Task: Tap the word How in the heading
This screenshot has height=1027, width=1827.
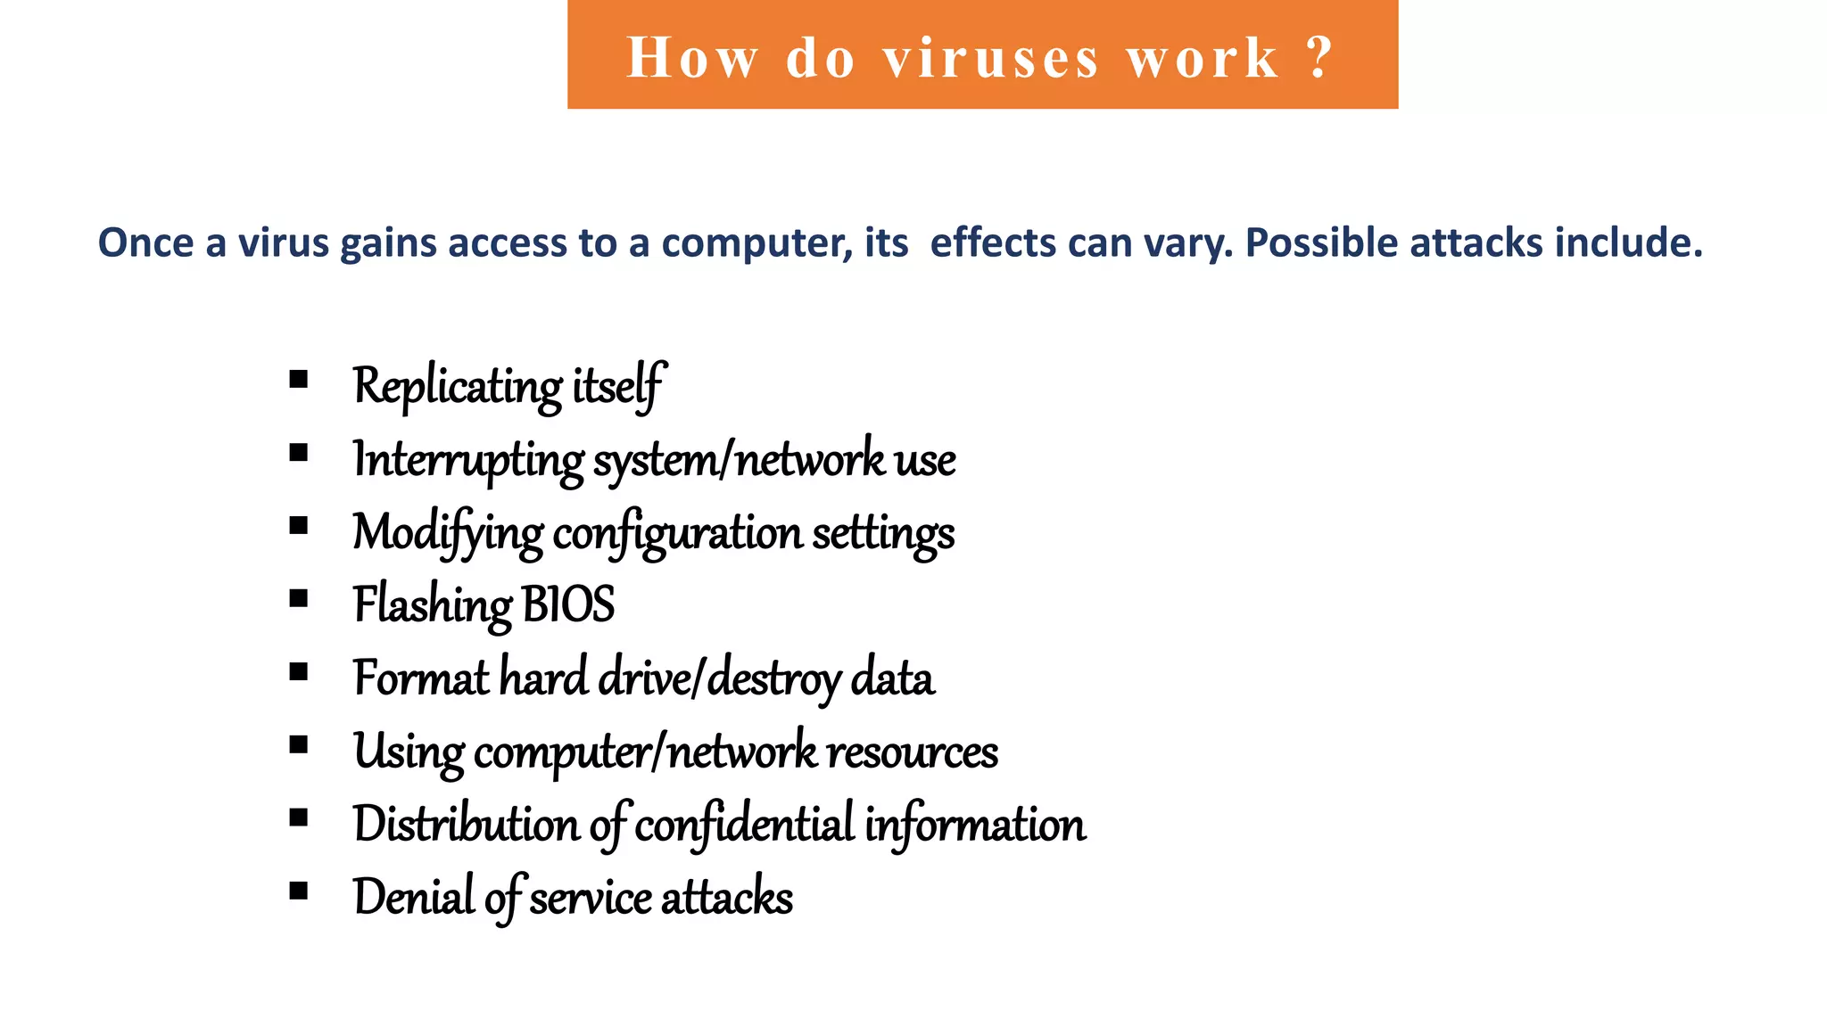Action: pos(692,59)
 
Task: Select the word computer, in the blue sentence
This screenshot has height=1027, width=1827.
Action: pos(757,242)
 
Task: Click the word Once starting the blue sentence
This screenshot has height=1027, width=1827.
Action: pos(145,242)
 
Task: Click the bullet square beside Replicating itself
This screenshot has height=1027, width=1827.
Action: pos(299,380)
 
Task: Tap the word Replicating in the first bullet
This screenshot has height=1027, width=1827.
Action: pos(457,387)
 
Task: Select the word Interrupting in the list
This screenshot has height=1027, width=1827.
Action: pos(468,460)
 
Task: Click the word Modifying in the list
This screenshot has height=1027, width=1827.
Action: pos(447,533)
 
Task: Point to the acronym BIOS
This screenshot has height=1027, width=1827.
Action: pos(568,604)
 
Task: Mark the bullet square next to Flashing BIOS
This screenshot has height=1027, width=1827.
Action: pos(299,598)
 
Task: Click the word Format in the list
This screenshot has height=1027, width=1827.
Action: pos(421,678)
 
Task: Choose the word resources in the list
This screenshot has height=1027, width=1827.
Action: pos(912,752)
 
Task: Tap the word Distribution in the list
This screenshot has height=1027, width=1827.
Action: pos(466,824)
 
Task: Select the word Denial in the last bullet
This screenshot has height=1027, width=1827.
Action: pos(413,897)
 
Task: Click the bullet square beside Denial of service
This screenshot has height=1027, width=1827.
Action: pos(299,891)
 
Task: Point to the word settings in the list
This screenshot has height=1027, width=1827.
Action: pos(882,533)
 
